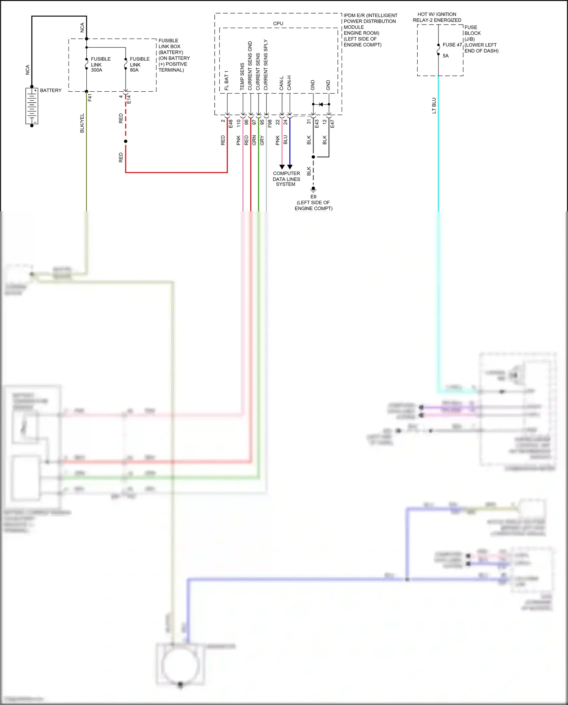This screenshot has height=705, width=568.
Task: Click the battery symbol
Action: point(32,106)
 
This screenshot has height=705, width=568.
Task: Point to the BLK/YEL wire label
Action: point(82,123)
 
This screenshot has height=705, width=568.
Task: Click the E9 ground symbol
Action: point(313,189)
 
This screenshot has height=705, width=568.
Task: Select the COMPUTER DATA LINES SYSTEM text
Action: point(286,179)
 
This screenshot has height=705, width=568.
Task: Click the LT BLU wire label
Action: point(434,106)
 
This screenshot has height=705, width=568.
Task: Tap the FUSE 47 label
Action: point(452,45)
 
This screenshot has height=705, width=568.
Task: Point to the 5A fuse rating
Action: point(446,56)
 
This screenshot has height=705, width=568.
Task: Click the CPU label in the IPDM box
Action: point(278,23)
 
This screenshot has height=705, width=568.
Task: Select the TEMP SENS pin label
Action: point(242,77)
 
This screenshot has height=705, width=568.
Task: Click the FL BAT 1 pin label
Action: point(226,80)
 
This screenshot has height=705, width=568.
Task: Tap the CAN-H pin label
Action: point(289,83)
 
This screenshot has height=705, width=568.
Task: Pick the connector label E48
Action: point(231,123)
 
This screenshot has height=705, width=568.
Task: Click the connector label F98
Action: point(270,123)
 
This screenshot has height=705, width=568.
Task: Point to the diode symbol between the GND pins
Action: point(321,104)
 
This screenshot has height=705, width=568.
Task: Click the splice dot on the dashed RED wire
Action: point(126,141)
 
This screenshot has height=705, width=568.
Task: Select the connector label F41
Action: point(90,97)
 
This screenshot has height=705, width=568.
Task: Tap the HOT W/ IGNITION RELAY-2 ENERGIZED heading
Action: point(437,17)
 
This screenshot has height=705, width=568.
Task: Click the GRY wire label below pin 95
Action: point(262,141)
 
